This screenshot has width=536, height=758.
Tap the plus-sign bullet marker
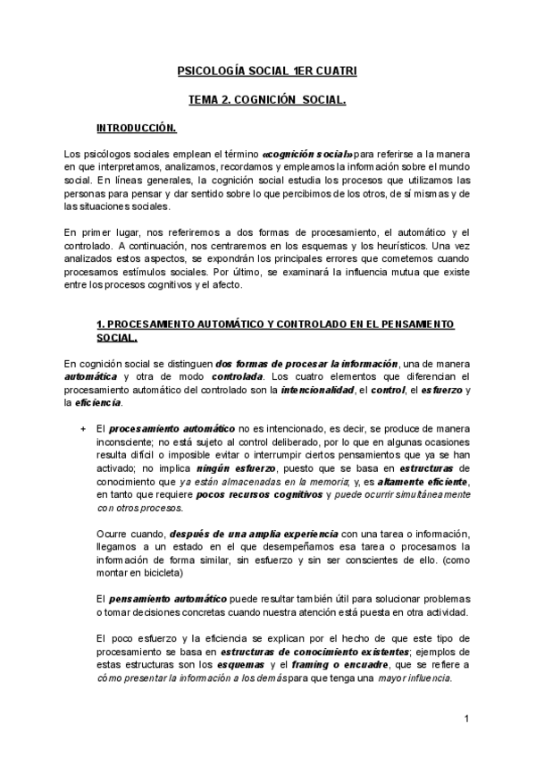(x=82, y=430)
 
